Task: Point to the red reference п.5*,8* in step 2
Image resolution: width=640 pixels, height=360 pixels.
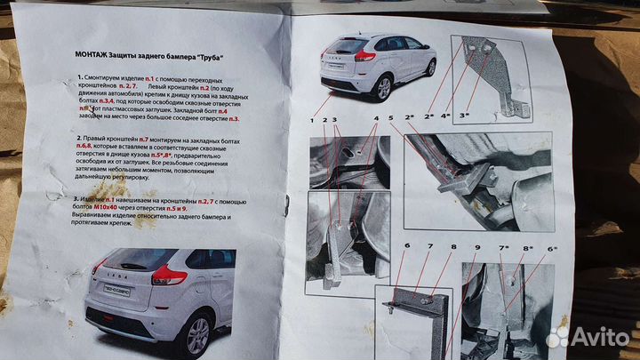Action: tap(181, 156)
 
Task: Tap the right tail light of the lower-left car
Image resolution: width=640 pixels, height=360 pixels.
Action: tap(168, 276)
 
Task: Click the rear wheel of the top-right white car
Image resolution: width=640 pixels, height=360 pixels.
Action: tap(383, 87)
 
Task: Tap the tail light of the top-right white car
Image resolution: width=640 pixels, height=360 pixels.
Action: tap(364, 56)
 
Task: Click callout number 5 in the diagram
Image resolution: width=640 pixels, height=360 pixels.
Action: tap(389, 118)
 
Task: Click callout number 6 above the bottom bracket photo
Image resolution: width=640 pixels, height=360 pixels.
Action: tap(405, 246)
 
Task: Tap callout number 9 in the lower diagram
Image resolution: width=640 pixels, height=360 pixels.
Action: tap(476, 248)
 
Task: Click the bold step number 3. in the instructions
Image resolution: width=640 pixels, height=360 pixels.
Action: tap(78, 199)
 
